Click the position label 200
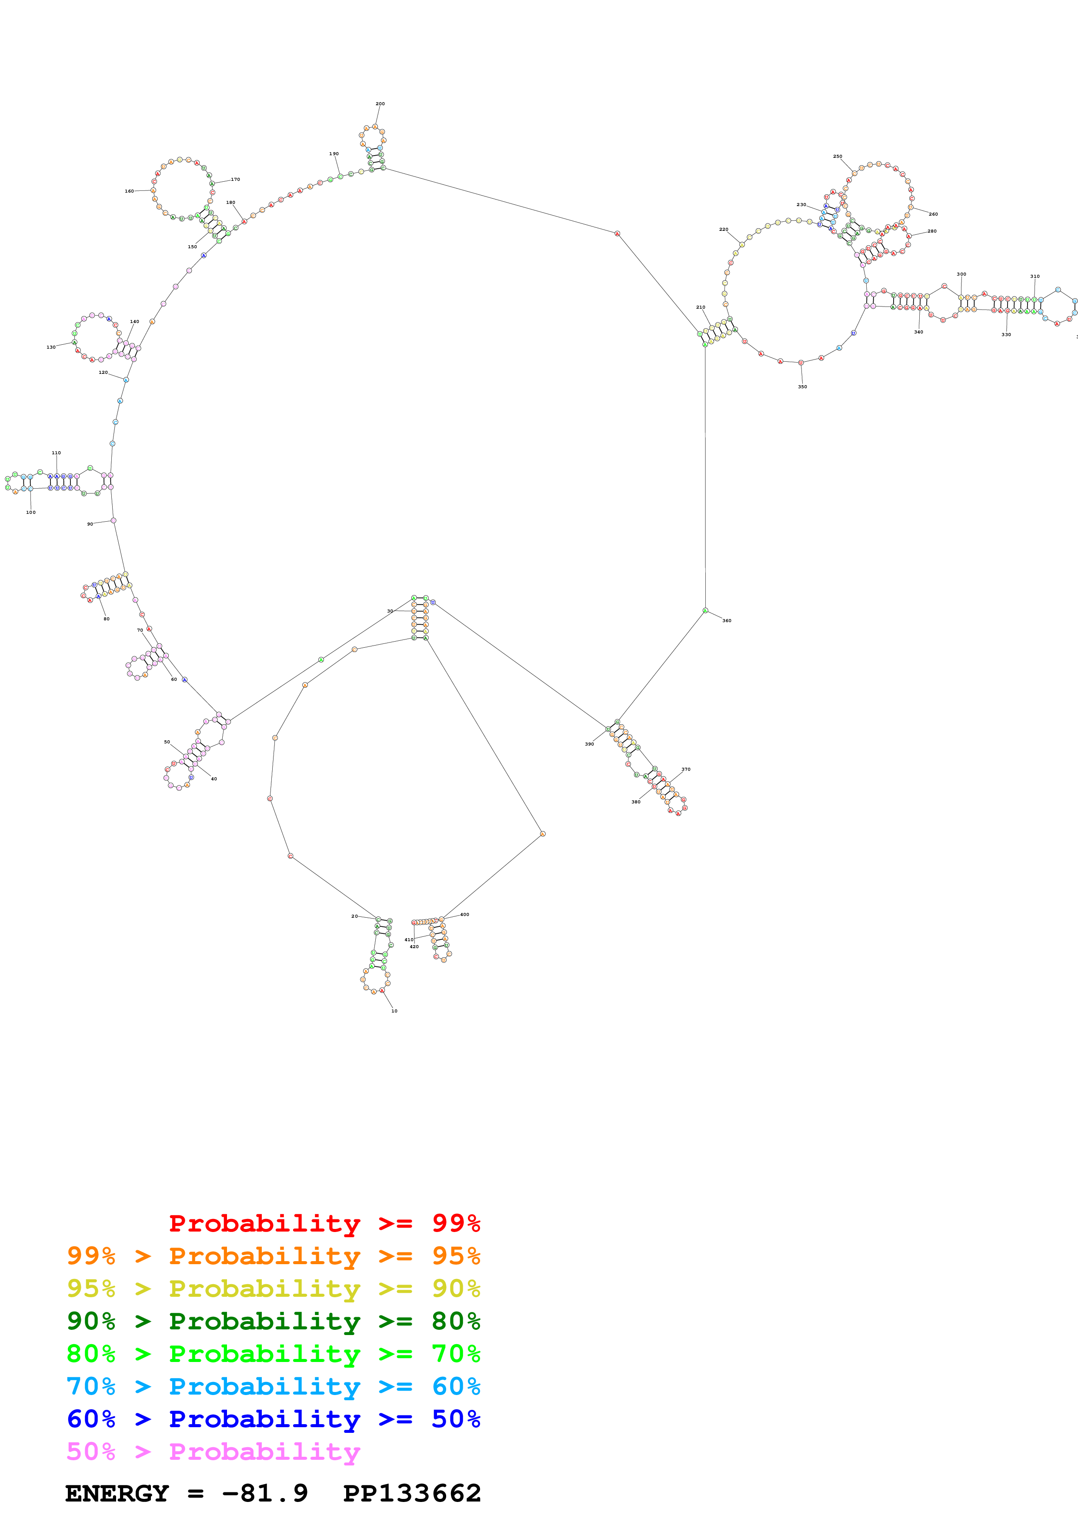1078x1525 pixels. pyautogui.click(x=380, y=103)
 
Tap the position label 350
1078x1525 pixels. pyautogui.click(x=802, y=386)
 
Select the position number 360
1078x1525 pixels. pyautogui.click(x=727, y=620)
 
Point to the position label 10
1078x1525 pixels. pyautogui.click(x=394, y=1011)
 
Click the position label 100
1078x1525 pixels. pyautogui.click(x=30, y=512)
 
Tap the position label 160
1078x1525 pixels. pyautogui.click(x=130, y=191)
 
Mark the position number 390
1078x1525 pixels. pyautogui.click(x=589, y=744)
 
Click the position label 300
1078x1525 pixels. pyautogui.click(x=961, y=273)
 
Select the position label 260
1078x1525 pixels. pyautogui.click(x=933, y=214)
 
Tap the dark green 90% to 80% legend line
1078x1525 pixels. pyautogui.click(x=273, y=1321)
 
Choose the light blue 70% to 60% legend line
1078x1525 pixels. pyautogui.click(x=273, y=1386)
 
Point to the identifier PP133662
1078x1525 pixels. pyautogui.click(x=412, y=1493)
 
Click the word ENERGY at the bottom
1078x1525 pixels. pyautogui.click(x=117, y=1493)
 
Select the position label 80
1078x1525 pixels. pyautogui.click(x=106, y=618)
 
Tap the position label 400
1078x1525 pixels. pyautogui.click(x=464, y=915)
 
